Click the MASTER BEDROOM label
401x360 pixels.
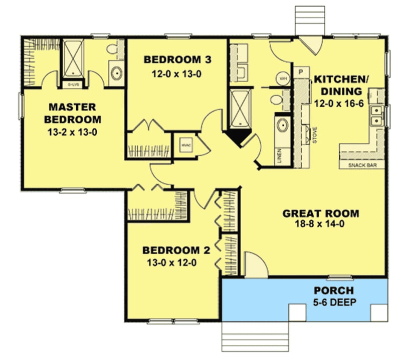pos(72,113)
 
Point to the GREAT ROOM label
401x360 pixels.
pos(321,213)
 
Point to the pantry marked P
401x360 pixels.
pos(301,72)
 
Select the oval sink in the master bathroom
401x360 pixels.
pos(116,74)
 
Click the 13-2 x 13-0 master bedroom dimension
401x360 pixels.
pos(72,132)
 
